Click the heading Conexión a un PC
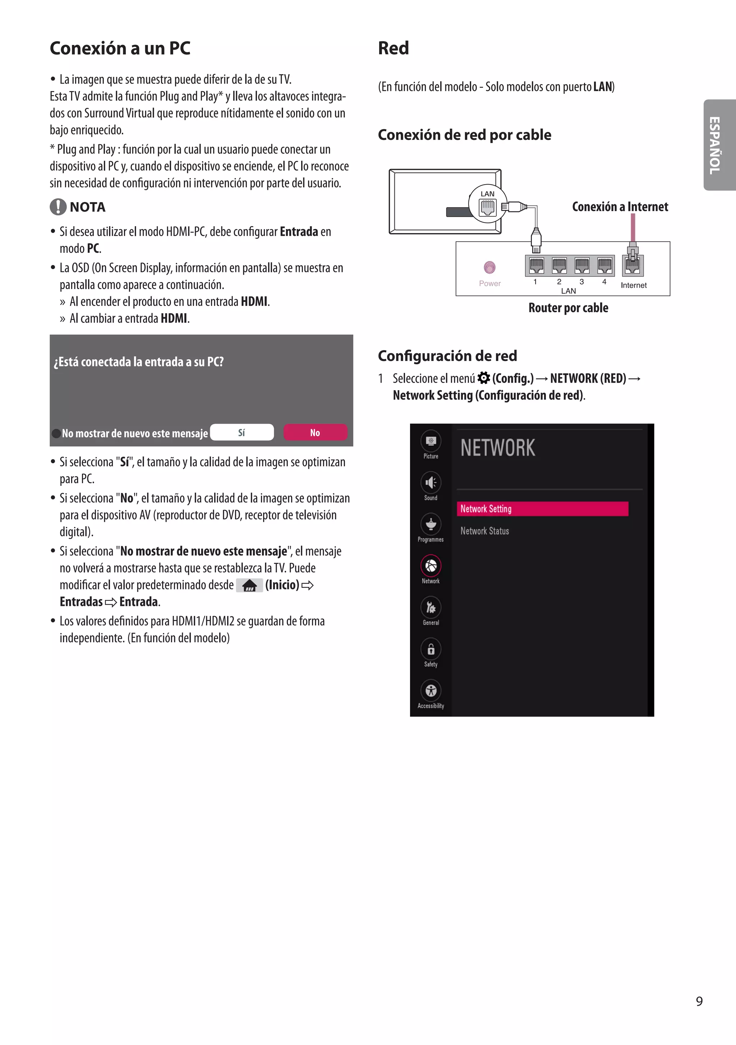click(120, 48)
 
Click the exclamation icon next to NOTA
click(58, 207)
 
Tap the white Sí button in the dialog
click(242, 432)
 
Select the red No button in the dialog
click(315, 432)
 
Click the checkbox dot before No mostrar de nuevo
click(56, 433)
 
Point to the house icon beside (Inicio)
click(249, 585)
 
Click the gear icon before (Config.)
click(484, 378)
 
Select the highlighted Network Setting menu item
click(542, 509)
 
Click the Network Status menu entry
click(484, 531)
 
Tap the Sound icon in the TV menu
click(431, 483)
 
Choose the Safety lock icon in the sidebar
click(431, 649)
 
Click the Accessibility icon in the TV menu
click(431, 691)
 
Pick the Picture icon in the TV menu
click(431, 441)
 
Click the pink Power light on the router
click(489, 267)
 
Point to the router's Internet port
click(633, 265)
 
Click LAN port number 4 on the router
click(604, 265)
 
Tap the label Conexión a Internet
click(620, 207)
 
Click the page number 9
click(699, 1001)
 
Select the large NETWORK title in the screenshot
click(498, 448)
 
